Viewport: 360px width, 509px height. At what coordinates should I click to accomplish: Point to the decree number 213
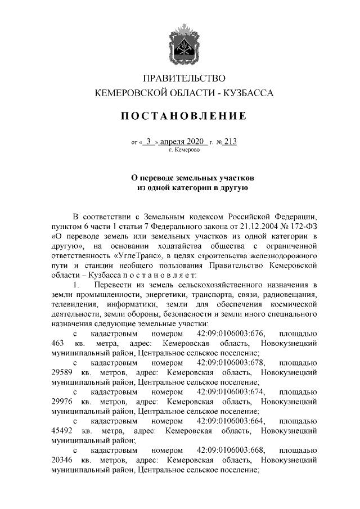(229, 142)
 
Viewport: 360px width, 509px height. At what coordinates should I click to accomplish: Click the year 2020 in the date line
(195, 142)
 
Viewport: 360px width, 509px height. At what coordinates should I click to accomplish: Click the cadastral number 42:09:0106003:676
(231, 332)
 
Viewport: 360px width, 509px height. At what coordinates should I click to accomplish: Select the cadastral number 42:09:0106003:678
(231, 362)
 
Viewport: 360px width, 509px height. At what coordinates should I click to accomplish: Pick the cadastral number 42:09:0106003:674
(231, 391)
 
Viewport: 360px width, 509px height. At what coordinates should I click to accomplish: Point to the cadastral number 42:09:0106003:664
(231, 421)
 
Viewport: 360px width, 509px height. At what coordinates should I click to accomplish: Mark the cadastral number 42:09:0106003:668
(231, 450)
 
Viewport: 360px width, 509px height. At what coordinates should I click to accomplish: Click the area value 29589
(62, 372)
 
